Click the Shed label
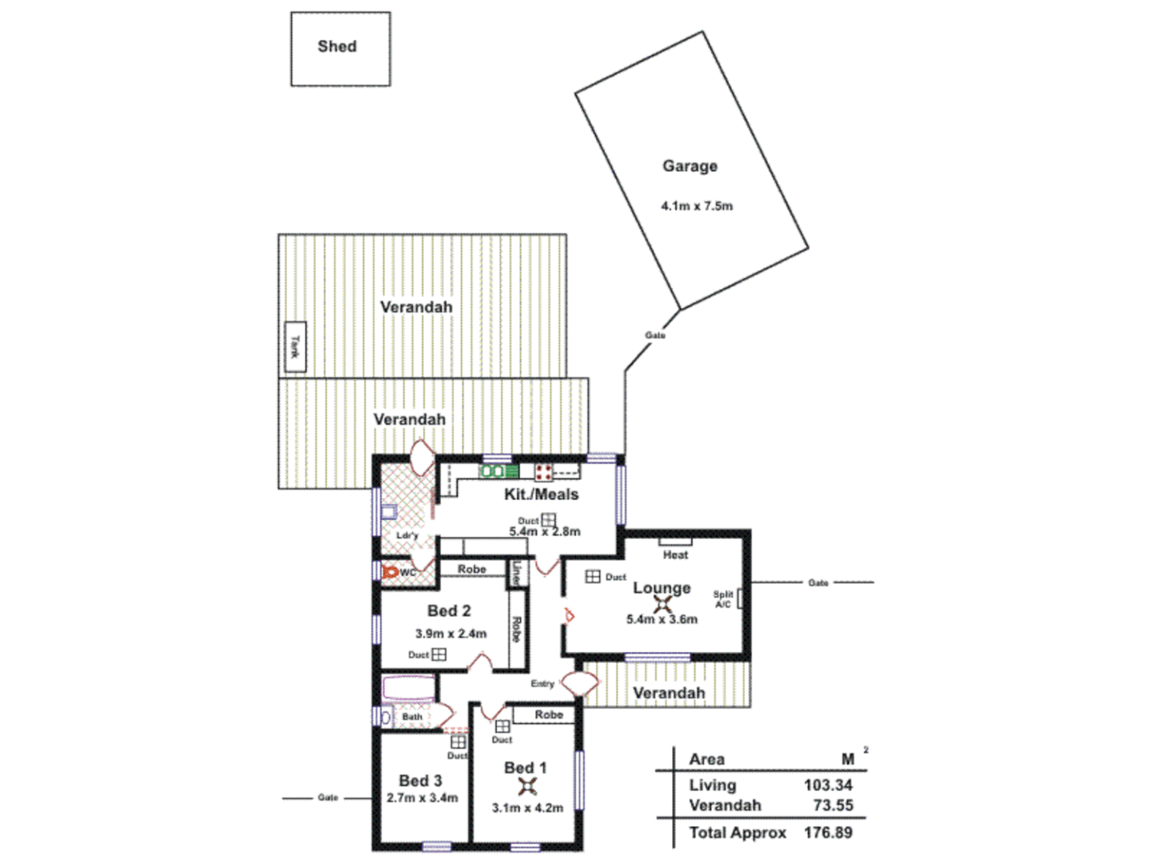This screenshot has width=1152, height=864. (337, 46)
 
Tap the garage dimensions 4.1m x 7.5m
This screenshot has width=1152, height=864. (696, 206)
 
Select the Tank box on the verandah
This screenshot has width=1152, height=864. (295, 346)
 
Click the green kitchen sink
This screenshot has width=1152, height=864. (498, 471)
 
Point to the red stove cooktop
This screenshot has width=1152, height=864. (544, 471)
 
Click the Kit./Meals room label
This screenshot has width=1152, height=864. (541, 494)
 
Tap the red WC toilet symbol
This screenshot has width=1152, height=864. (390, 572)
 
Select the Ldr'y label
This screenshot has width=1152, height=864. (407, 535)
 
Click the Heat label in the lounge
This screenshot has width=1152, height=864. (675, 554)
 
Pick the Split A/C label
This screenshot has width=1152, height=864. (723, 599)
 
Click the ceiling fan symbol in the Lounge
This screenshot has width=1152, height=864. (662, 605)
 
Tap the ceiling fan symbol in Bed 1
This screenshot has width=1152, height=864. (527, 786)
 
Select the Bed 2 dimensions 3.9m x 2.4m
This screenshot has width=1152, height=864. (450, 634)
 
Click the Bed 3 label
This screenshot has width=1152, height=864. (420, 780)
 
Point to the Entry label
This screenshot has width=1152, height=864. (542, 684)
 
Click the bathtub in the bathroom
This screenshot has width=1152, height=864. (408, 688)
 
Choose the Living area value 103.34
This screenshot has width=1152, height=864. (828, 786)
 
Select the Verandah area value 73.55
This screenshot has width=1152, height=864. (833, 806)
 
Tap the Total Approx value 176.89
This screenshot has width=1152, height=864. (828, 833)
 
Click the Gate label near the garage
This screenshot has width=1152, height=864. (655, 335)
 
